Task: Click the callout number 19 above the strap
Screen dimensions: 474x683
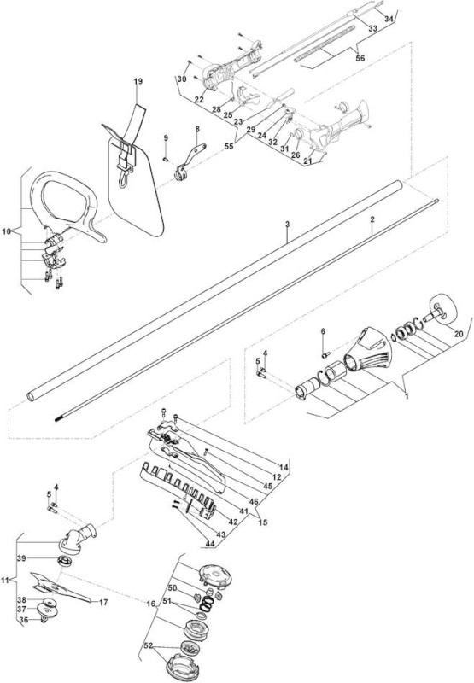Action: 138,81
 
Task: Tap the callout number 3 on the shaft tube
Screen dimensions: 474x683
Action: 287,224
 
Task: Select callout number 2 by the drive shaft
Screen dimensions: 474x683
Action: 372,219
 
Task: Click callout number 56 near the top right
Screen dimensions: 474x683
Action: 360,58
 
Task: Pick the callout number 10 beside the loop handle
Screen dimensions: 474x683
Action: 6,231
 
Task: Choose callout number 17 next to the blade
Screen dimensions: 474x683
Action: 103,603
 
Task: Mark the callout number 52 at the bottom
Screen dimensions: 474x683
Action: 149,644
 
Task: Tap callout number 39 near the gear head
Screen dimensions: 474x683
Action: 21,558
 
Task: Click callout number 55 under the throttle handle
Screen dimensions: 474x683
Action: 229,146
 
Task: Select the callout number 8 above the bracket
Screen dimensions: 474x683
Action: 197,129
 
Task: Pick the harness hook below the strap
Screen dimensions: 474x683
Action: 123,178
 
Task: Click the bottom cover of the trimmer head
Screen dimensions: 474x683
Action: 180,666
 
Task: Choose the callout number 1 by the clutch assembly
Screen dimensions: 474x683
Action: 407,397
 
